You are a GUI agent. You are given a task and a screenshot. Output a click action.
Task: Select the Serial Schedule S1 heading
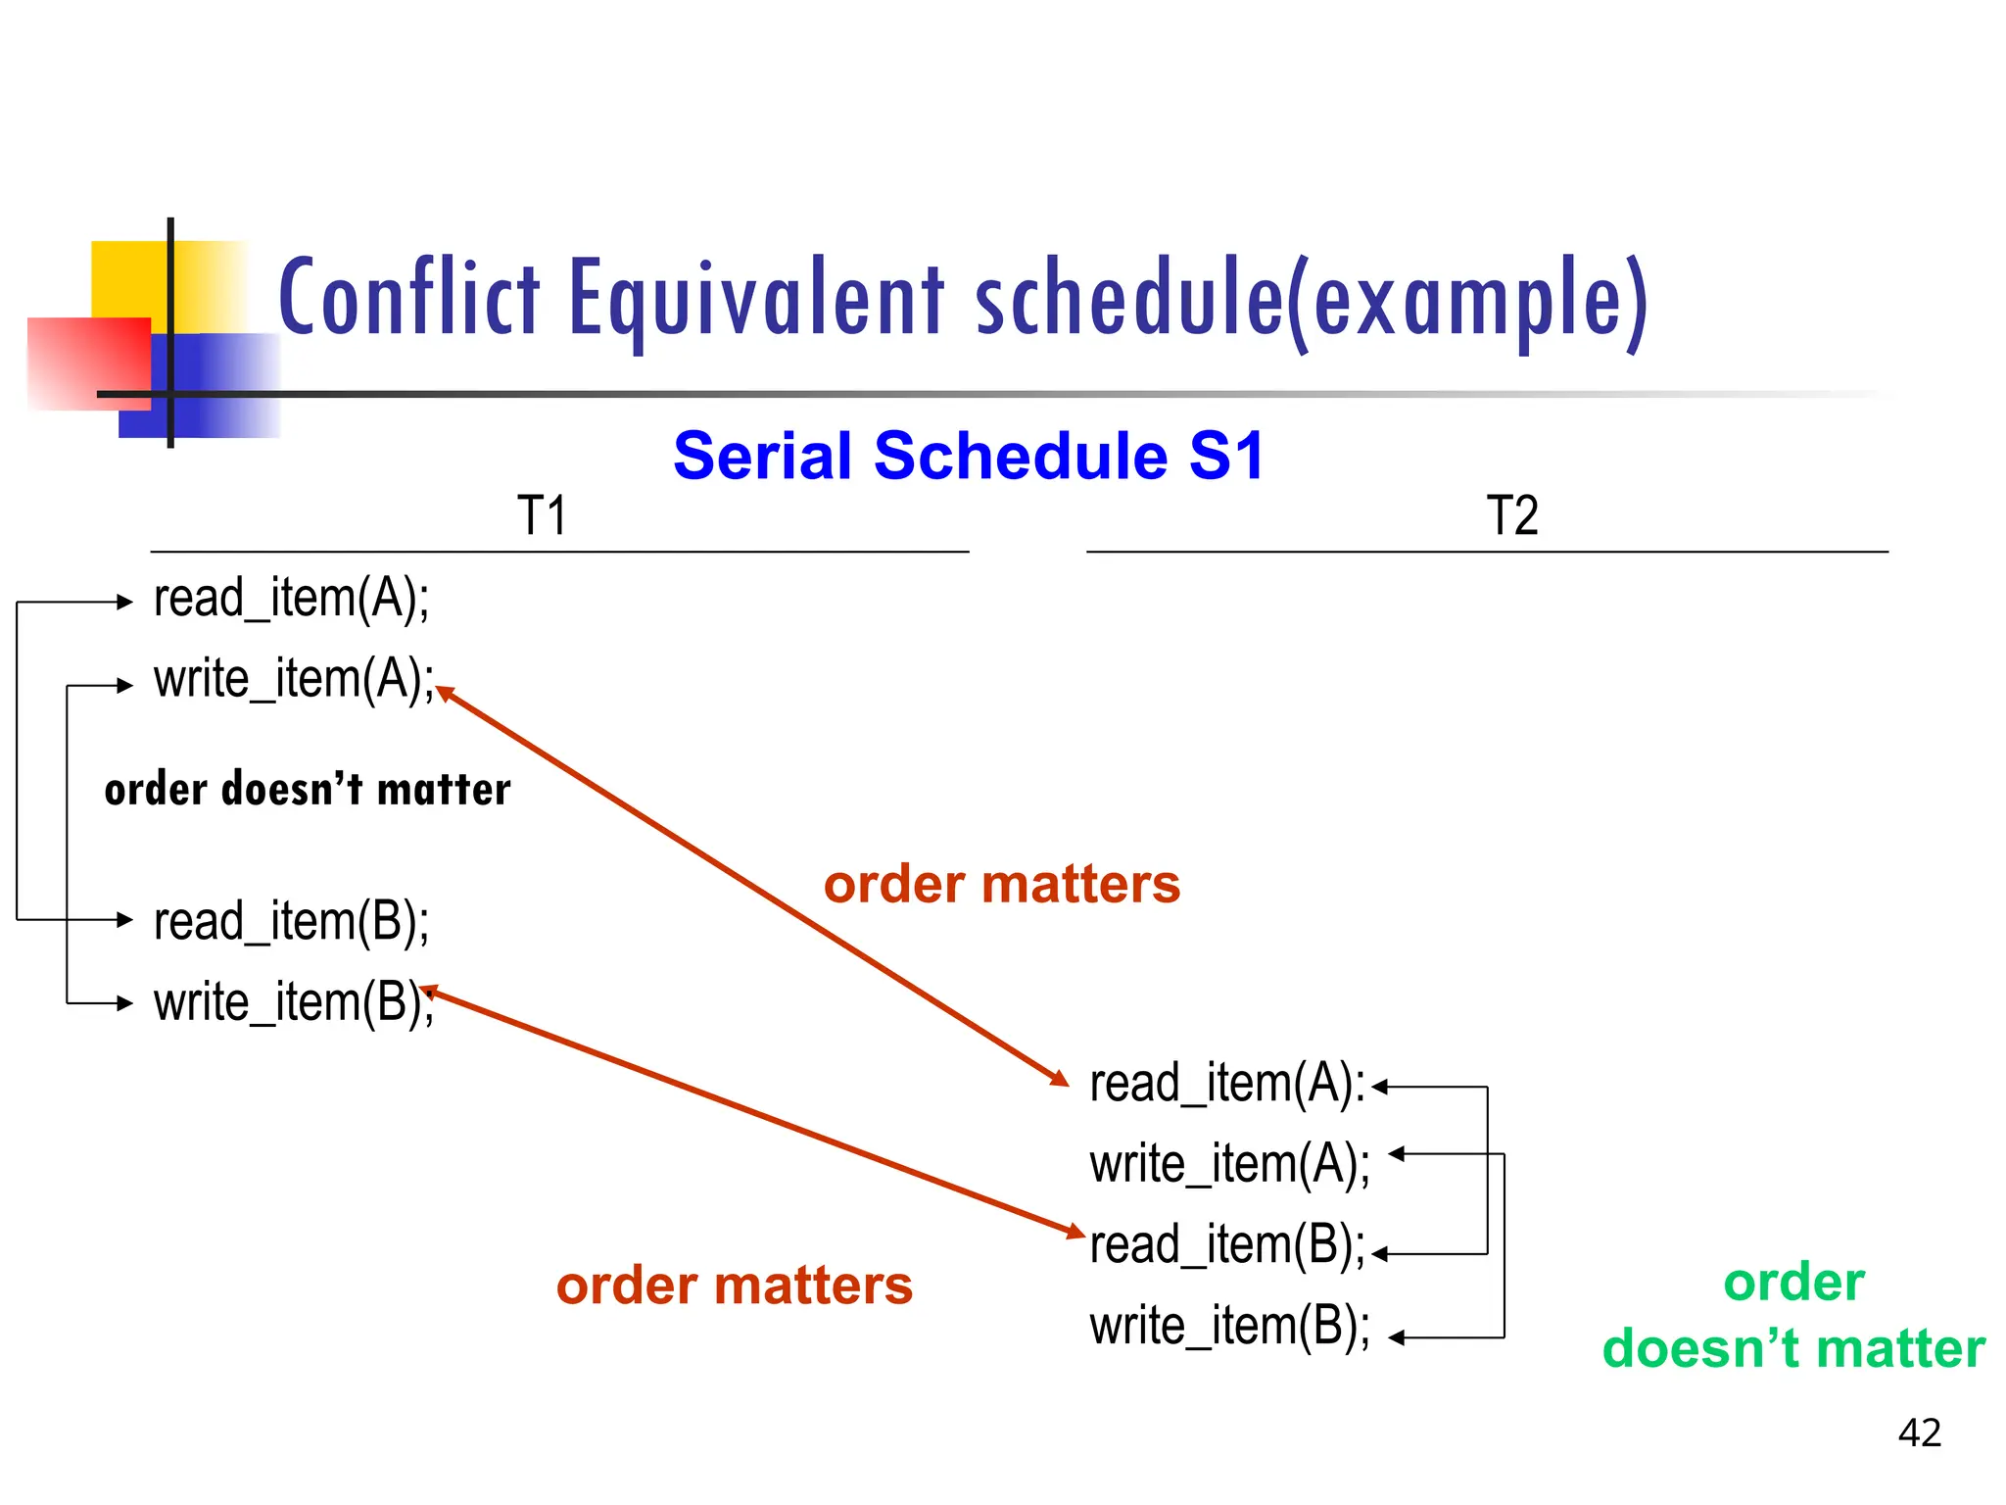[969, 457]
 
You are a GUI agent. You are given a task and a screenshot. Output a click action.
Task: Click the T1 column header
[542, 515]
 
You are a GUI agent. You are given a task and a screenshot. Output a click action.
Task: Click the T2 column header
[1511, 515]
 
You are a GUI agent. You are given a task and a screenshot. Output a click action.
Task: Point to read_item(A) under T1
[291, 599]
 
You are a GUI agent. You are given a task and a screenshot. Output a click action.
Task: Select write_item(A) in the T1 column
[294, 679]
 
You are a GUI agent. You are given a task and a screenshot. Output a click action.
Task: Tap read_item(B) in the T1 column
[291, 922]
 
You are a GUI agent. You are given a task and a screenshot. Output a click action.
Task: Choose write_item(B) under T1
[293, 1002]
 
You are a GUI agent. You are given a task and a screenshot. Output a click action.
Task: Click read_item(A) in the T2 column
[1226, 1084]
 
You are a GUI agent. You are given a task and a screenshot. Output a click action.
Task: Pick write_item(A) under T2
[1229, 1165]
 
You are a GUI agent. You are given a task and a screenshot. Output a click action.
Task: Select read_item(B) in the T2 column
[1226, 1245]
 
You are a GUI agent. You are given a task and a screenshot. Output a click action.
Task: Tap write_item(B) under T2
[1229, 1327]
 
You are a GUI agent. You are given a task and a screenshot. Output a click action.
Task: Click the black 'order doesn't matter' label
[308, 790]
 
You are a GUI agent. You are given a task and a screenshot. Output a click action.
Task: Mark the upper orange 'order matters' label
[1001, 885]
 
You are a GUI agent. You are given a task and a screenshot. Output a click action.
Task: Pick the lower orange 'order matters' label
[734, 1287]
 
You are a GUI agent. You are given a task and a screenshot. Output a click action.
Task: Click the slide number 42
[1919, 1432]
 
